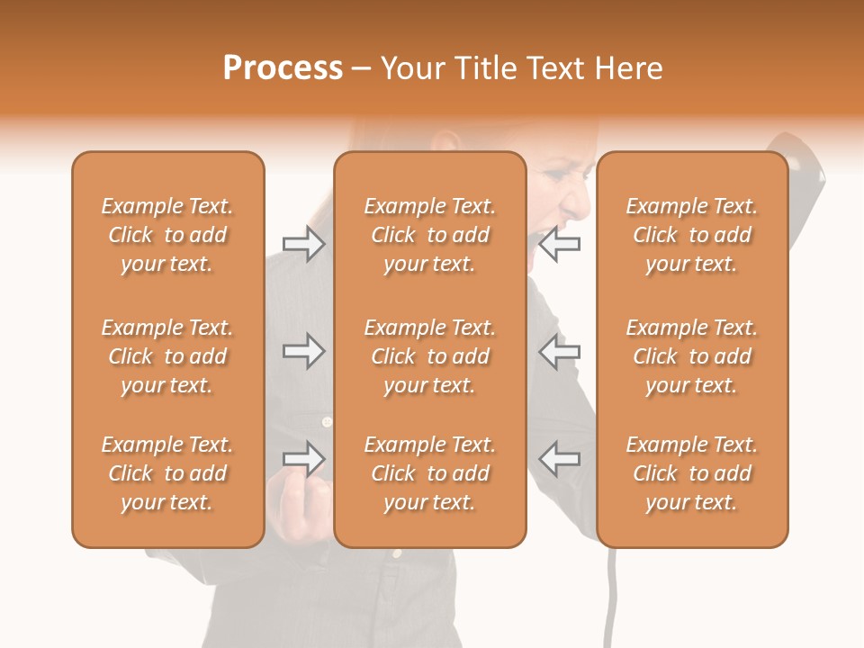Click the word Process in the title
[x=283, y=67]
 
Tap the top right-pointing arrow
[x=303, y=244]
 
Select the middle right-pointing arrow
[x=303, y=351]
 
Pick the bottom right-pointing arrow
[x=303, y=459]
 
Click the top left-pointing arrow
[x=559, y=244]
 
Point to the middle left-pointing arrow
[x=559, y=351]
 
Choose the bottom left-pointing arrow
[x=559, y=459]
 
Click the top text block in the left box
[x=167, y=235]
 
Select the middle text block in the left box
[x=167, y=356]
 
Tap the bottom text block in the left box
[x=167, y=473]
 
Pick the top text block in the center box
[x=430, y=235]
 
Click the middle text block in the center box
[x=430, y=356]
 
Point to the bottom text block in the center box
[x=430, y=473]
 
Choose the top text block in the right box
[x=692, y=235]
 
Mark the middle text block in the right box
[x=692, y=356]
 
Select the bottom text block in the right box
[x=692, y=473]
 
